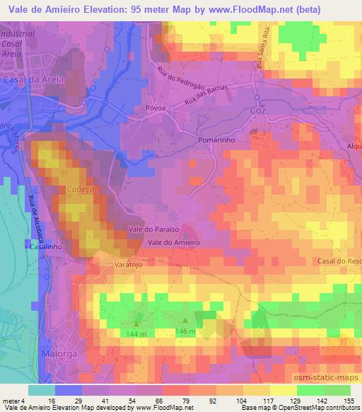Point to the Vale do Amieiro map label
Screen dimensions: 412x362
coord(174,242)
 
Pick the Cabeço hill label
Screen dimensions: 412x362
coord(79,190)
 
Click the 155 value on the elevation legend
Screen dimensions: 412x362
coord(349,400)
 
